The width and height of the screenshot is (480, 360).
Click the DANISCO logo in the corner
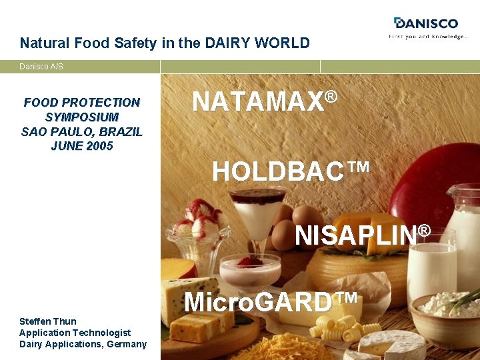tap(427, 23)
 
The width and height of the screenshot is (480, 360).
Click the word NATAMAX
tap(257, 102)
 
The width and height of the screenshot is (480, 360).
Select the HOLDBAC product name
tap(281, 172)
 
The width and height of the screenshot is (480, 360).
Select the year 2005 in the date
tap(99, 146)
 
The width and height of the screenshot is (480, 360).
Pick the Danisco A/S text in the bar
tap(41, 67)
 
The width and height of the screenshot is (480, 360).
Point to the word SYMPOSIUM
tap(82, 117)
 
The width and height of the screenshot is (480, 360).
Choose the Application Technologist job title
tap(75, 333)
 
